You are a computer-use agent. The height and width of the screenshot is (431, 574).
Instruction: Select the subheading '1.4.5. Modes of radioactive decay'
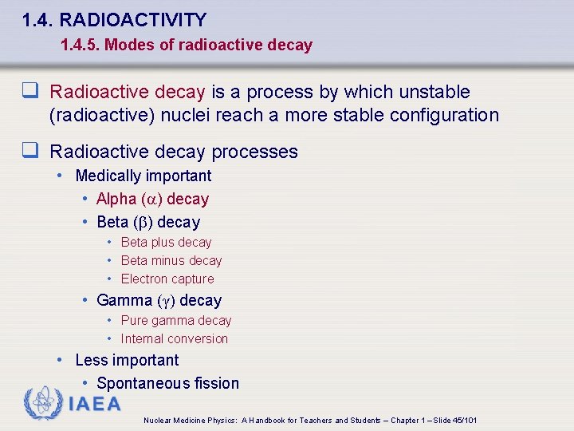pyautogui.click(x=187, y=45)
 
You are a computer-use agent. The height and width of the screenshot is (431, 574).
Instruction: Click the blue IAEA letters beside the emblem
pyautogui.click(x=95, y=404)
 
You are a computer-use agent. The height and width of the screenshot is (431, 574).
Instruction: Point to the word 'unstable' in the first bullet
pyautogui.click(x=438, y=93)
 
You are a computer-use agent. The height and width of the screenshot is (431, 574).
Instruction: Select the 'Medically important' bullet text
pyautogui.click(x=143, y=176)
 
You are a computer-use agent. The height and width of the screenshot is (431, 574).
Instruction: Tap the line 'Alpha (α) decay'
pyautogui.click(x=152, y=199)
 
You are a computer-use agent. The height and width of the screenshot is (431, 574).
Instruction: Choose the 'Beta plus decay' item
pyautogui.click(x=166, y=242)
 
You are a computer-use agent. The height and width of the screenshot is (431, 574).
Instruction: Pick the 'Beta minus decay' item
pyautogui.click(x=171, y=260)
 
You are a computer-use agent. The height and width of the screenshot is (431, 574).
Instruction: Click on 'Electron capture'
pyautogui.click(x=167, y=279)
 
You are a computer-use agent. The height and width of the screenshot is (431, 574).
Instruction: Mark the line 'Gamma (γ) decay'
pyautogui.click(x=159, y=300)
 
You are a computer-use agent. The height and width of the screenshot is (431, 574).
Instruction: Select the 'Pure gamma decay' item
pyautogui.click(x=176, y=320)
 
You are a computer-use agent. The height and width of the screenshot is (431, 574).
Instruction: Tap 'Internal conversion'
pyautogui.click(x=175, y=338)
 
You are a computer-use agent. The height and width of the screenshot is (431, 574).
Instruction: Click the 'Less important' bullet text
pyautogui.click(x=127, y=360)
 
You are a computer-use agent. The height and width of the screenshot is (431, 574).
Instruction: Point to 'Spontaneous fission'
pyautogui.click(x=167, y=383)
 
